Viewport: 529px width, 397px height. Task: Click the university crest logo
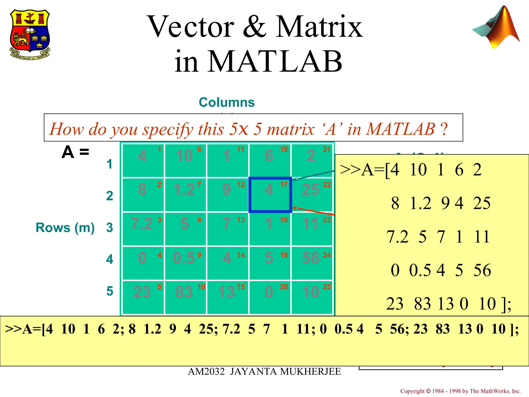30,34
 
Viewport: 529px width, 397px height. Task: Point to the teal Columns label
227,102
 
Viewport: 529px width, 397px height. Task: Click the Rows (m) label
65,228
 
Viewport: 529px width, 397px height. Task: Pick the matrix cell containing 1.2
185,194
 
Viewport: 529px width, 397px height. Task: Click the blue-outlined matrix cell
270,194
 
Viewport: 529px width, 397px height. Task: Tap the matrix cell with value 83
185,297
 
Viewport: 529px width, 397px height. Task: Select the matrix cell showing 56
312,263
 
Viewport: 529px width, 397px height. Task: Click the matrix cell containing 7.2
143,228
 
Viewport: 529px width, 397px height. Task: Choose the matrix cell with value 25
312,194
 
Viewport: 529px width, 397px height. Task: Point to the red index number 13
241,220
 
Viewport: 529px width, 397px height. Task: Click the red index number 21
326,149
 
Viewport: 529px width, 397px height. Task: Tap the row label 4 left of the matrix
110,259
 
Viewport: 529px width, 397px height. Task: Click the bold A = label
75,152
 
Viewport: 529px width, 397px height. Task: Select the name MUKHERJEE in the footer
310,372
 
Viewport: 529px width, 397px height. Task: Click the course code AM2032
206,372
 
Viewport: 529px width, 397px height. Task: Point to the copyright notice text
460,391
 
